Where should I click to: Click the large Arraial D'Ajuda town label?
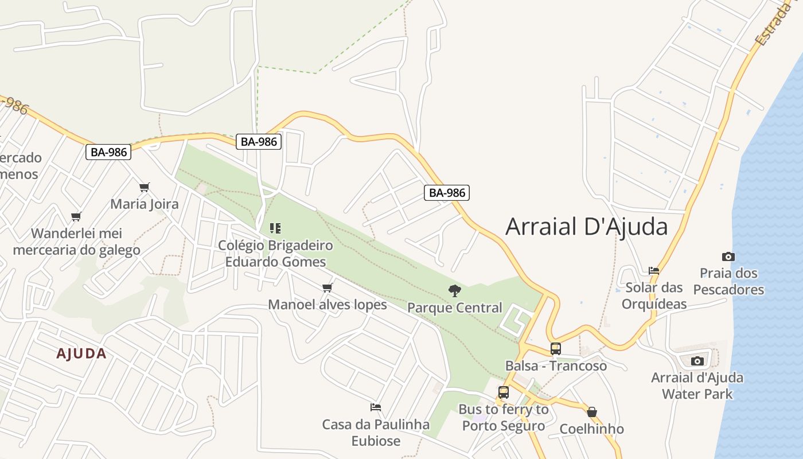tap(586, 227)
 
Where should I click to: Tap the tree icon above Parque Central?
tap(455, 291)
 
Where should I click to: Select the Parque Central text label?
tap(455, 308)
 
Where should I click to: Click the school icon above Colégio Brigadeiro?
tap(275, 228)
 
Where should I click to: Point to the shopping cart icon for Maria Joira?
tap(145, 187)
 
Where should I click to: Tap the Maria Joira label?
tap(145, 204)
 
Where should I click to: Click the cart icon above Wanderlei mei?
tap(76, 216)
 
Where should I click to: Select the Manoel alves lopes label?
tap(328, 305)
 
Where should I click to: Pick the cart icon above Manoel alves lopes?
tap(328, 287)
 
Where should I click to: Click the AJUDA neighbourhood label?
tap(81, 354)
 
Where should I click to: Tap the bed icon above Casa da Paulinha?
tap(376, 407)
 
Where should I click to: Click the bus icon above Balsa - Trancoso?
tap(555, 348)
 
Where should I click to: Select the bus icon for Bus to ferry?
tap(504, 392)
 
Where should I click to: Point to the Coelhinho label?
tap(591, 429)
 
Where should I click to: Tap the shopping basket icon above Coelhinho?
tap(592, 412)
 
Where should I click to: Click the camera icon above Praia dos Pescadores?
tap(728, 256)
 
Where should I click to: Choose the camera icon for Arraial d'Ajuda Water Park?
tap(697, 361)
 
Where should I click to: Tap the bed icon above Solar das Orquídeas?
tap(654, 270)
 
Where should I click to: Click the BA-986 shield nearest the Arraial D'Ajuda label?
tap(447, 193)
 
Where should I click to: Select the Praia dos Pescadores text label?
tap(728, 281)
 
